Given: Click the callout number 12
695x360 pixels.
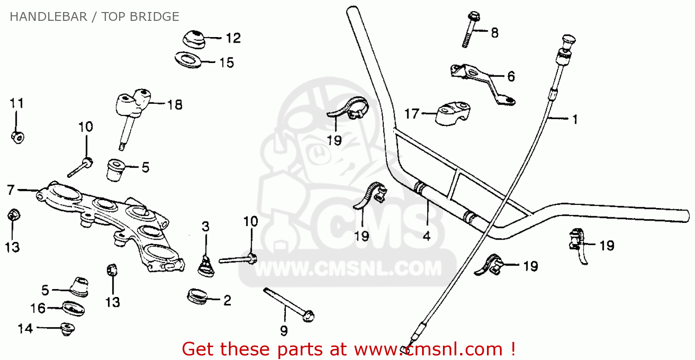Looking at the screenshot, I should (233, 38).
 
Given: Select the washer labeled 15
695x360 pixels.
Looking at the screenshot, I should (188, 60).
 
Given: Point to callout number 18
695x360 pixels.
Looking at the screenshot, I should (175, 105).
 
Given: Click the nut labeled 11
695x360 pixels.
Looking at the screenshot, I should (18, 137).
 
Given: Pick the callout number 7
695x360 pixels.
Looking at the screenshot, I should (11, 189).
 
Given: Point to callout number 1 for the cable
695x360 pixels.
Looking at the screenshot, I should (575, 120).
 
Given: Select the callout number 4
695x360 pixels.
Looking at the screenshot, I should (426, 236).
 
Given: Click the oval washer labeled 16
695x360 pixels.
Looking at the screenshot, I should (73, 308).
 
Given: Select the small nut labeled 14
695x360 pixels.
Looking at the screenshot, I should (67, 329).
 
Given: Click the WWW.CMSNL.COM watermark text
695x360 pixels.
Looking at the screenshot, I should (347, 269).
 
